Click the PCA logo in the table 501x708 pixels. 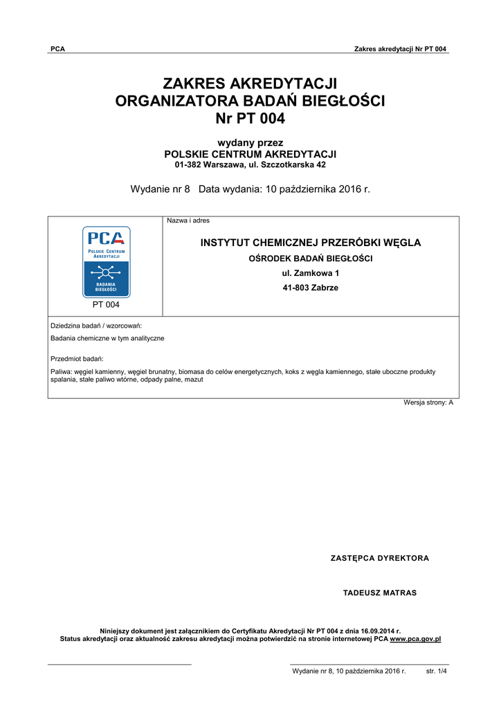(x=106, y=261)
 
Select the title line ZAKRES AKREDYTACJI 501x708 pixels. (x=250, y=84)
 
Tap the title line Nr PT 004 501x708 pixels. (x=250, y=118)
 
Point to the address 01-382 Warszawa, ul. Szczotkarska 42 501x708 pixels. (x=250, y=165)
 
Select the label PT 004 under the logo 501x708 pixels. (x=106, y=304)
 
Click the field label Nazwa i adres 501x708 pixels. (x=188, y=221)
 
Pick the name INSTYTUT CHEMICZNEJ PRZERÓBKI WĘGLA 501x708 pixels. (x=310, y=243)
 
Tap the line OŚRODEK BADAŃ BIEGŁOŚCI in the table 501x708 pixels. (x=310, y=259)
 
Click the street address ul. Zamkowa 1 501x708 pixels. (x=310, y=273)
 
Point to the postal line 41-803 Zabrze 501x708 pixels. (x=310, y=288)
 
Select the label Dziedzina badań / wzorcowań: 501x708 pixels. (x=97, y=325)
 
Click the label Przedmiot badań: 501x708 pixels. (x=77, y=358)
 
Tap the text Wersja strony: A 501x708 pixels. (x=428, y=402)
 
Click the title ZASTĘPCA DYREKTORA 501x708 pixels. (x=379, y=558)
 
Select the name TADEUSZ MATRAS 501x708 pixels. (x=379, y=593)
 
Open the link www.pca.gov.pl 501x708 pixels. (x=415, y=639)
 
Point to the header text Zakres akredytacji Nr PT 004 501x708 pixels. (x=400, y=49)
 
